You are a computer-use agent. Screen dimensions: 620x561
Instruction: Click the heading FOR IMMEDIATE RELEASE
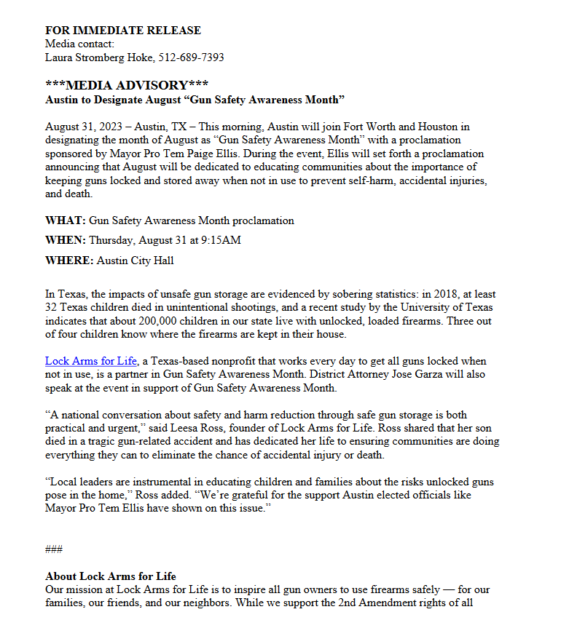click(122, 31)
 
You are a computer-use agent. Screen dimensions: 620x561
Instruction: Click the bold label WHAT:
click(66, 220)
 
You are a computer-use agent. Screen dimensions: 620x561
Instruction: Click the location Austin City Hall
click(132, 261)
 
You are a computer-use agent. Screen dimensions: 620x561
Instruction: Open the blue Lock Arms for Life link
click(91, 361)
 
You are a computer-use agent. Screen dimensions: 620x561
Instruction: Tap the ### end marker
click(54, 549)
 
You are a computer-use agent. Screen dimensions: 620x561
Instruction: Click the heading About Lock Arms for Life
click(111, 576)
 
